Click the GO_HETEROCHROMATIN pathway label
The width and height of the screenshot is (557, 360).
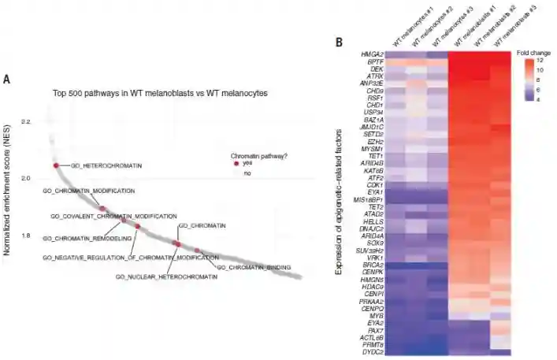(106, 166)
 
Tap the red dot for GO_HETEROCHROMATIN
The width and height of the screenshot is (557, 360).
(56, 165)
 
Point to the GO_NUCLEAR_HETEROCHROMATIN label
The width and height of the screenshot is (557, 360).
(166, 277)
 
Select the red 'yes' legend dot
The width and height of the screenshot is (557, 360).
(236, 163)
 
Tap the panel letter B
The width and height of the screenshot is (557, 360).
(339, 42)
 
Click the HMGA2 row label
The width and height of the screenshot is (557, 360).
(372, 54)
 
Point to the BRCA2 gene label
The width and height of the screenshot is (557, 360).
(373, 265)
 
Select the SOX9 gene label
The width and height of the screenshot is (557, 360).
(375, 243)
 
